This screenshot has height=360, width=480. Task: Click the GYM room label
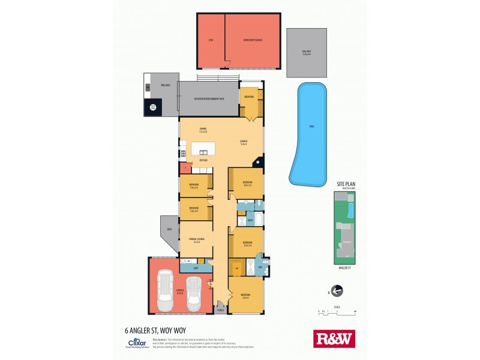click(x=211, y=40)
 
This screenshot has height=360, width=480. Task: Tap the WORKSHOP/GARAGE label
click(x=253, y=40)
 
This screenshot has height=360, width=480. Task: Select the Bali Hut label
click(x=307, y=53)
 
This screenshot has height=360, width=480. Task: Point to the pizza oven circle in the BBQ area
click(x=153, y=107)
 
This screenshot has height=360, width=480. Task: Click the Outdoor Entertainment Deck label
click(x=209, y=98)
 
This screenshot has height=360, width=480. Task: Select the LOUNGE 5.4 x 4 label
click(x=244, y=143)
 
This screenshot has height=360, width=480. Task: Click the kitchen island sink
click(x=204, y=151)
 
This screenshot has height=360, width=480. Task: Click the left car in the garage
click(x=166, y=292)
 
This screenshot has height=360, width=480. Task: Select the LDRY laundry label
click(x=196, y=268)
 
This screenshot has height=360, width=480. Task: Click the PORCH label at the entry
click(x=220, y=310)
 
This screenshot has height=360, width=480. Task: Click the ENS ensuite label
click(x=260, y=266)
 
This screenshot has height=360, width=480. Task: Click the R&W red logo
click(x=335, y=339)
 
